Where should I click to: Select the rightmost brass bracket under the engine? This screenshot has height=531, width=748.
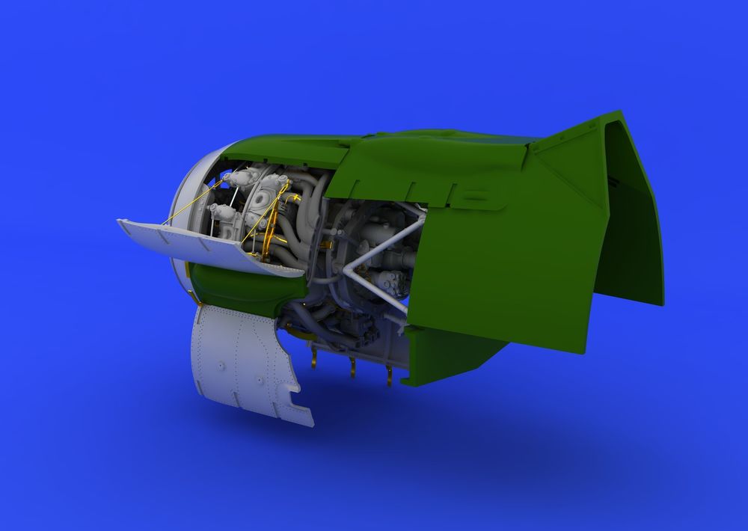pyautogui.click(x=389, y=378)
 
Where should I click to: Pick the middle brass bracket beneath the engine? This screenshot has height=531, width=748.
pyautogui.click(x=352, y=366)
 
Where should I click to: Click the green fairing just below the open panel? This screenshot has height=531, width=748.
pyautogui.click(x=239, y=288)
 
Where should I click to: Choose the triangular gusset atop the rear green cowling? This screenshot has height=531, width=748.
pyautogui.click(x=568, y=142)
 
